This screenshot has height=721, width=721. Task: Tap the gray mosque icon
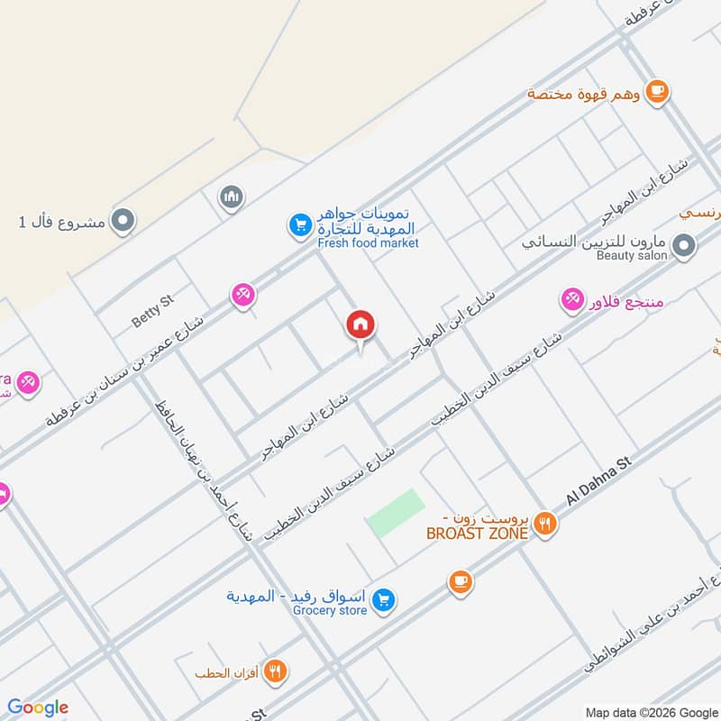[232, 196]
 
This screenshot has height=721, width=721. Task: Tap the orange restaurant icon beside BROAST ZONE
[543, 523]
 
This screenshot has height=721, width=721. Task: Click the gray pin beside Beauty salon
[684, 245]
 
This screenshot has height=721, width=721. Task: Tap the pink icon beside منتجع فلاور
[571, 299]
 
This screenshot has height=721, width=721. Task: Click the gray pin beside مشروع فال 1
[123, 219]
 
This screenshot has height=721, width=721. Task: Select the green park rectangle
[396, 513]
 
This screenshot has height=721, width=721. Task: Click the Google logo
[38, 707]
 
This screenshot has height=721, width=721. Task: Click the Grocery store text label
[330, 611]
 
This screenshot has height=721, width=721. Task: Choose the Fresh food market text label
[368, 243]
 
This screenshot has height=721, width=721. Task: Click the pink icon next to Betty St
[242, 294]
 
